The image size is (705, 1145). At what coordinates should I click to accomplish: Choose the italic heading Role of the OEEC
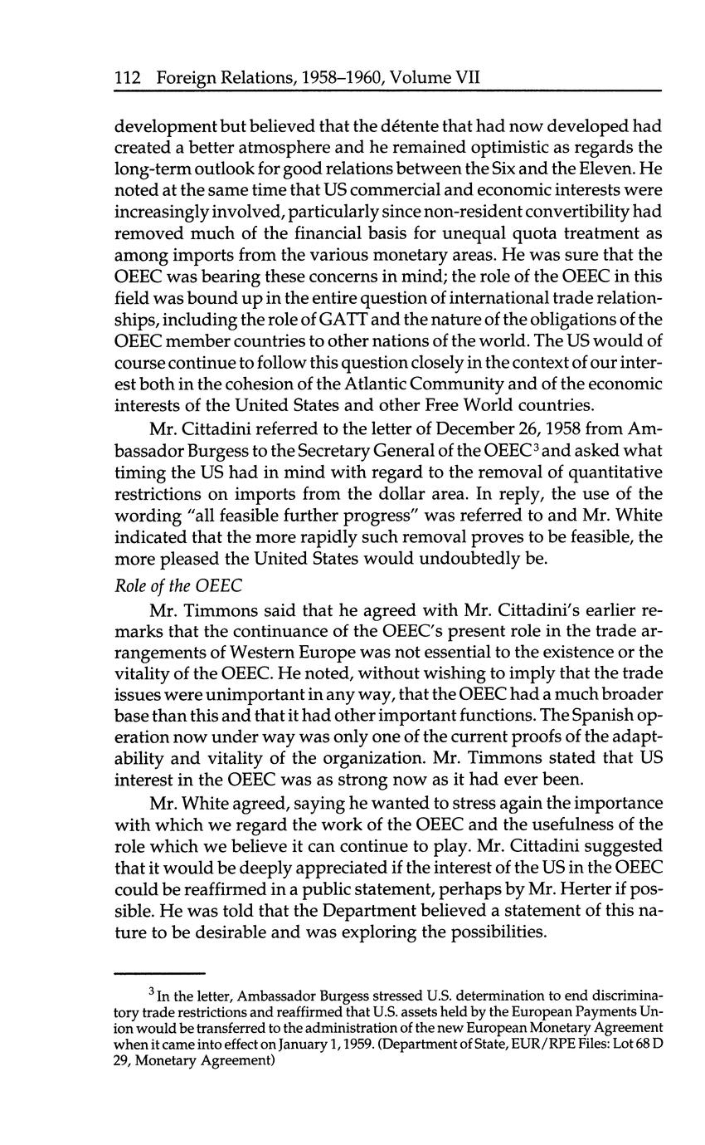click(x=178, y=585)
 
